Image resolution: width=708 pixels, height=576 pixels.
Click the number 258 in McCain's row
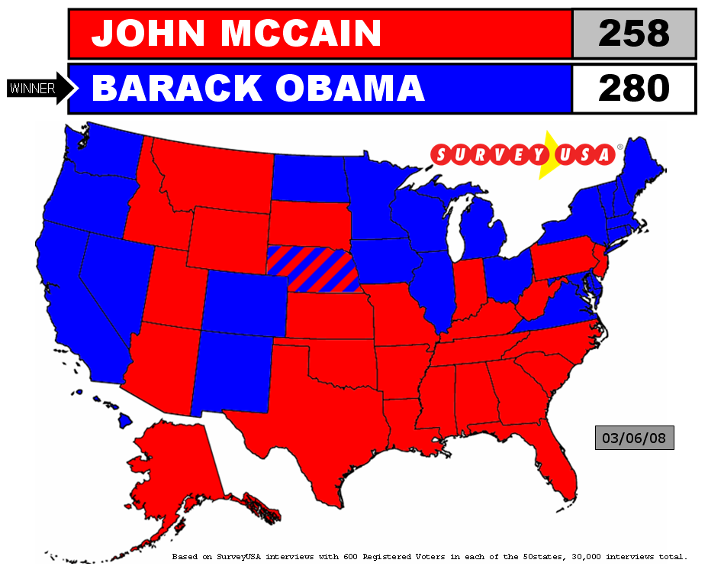[x=633, y=33]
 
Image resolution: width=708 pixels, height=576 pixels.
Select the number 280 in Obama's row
[x=633, y=89]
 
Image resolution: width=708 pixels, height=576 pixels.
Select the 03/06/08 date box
[x=634, y=438]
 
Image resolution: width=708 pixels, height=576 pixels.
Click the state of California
[x=72, y=298]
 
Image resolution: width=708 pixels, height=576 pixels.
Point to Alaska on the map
[x=175, y=466]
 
